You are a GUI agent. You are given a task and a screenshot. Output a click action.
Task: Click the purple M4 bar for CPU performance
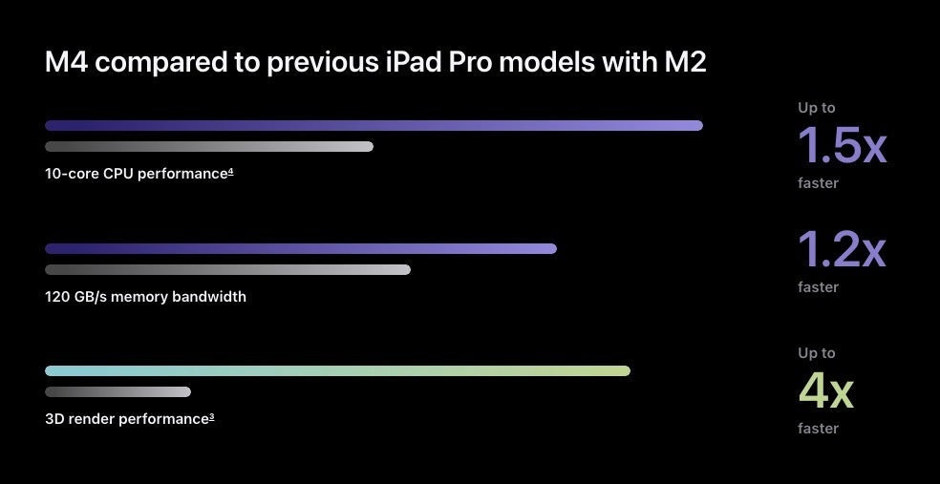374,126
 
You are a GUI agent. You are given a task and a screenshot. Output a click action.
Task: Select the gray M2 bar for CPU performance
208,147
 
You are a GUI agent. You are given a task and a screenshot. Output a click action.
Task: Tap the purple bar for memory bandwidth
300,249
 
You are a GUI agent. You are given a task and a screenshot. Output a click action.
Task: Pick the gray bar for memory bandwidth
227,270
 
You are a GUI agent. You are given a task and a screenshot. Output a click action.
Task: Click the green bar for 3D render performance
337,371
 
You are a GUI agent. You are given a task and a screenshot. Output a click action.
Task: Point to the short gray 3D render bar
117,392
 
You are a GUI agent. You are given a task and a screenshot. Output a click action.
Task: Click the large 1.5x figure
842,146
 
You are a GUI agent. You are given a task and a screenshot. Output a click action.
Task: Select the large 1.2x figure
842,250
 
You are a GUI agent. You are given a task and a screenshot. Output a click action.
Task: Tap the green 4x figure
825,390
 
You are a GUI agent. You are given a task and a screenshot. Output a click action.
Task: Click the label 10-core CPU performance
137,174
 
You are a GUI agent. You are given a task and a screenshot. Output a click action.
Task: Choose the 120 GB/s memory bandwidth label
145,297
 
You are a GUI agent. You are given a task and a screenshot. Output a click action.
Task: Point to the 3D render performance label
126,419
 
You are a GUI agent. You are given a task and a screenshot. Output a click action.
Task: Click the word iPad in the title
414,64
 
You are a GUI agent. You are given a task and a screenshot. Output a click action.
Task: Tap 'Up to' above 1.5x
817,108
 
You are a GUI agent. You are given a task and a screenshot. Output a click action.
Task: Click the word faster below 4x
818,429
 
